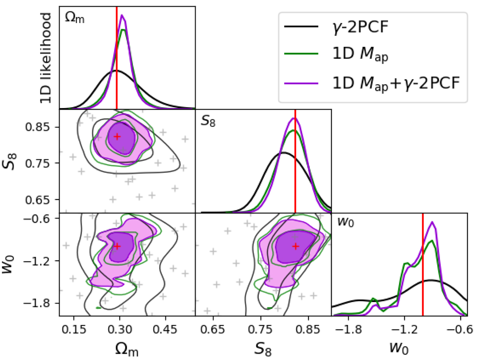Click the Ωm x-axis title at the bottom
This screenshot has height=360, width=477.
pos(127,348)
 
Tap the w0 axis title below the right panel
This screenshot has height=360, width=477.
pos(399,348)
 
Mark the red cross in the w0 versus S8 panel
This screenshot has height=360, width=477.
pos(295,246)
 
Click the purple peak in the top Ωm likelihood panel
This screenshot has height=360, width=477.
pos(122,15)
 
